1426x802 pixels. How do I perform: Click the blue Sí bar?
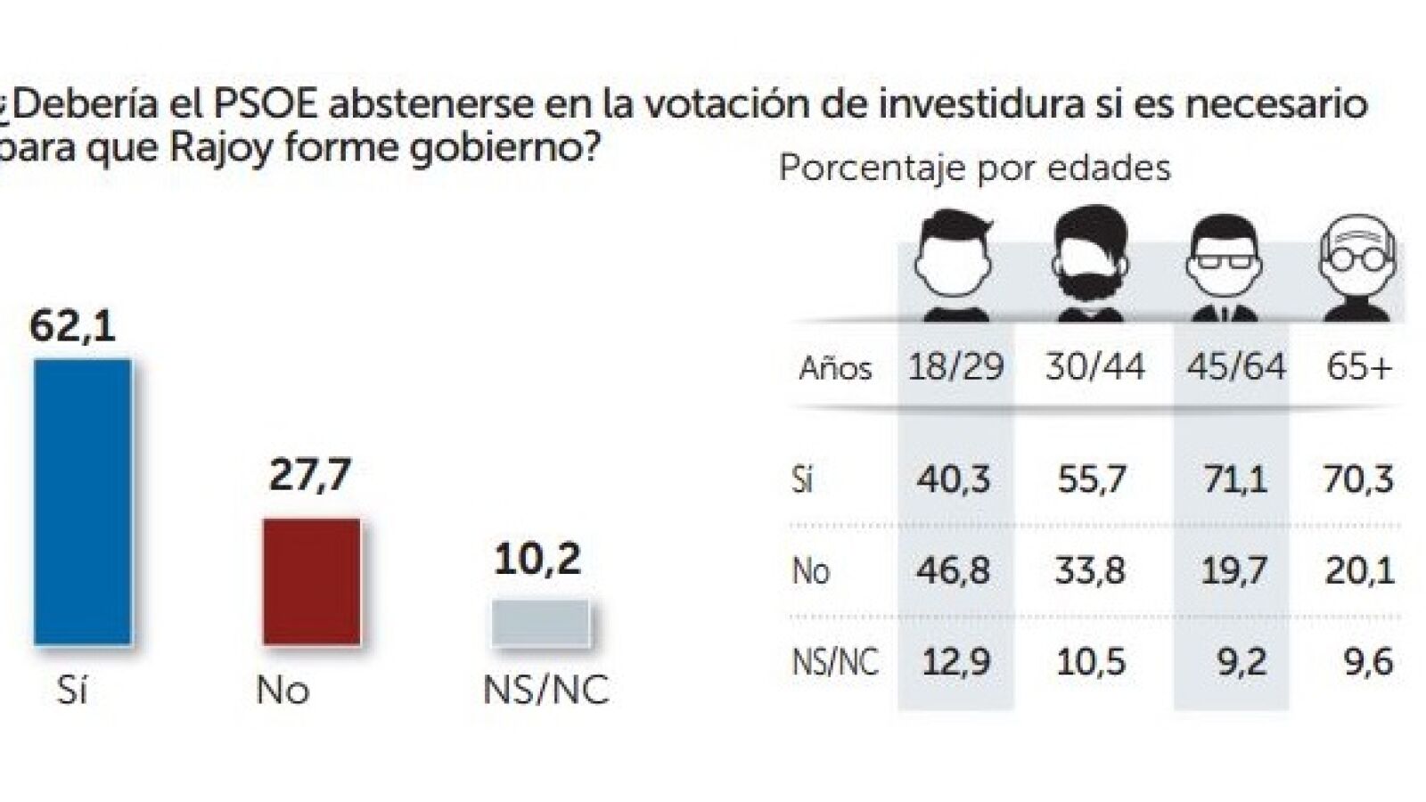(83, 502)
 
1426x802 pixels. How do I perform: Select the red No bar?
(312, 581)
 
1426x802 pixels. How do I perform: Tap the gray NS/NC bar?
(541, 622)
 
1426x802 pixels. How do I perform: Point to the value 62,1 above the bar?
(73, 326)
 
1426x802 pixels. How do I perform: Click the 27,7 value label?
(310, 475)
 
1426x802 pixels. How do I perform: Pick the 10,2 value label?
(537, 559)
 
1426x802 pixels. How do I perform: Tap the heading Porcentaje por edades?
(974, 168)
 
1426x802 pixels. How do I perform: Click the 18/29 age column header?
(955, 366)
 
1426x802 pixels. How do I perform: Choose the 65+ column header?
(1359, 366)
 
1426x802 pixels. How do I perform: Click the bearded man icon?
(1091, 263)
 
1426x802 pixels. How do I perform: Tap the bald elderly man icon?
(1357, 267)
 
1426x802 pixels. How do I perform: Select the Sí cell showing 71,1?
(1233, 479)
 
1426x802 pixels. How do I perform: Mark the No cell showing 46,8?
(953, 570)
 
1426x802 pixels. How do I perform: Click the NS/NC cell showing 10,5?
(1091, 662)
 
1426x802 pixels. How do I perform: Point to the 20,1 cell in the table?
(1359, 570)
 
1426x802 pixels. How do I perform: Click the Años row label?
(835, 368)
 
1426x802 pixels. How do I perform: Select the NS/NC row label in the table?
(835, 662)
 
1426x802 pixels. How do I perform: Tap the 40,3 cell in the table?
(953, 479)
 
